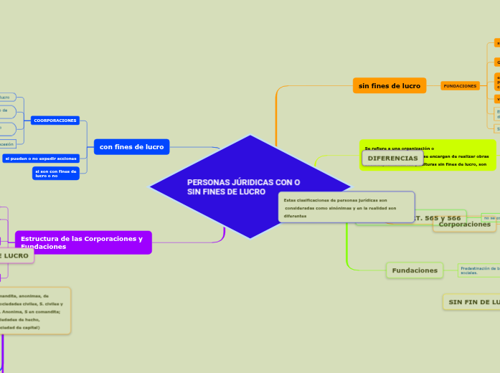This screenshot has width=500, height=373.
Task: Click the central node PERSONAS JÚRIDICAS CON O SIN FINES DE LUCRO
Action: click(244, 187)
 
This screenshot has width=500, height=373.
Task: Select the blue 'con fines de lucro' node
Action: click(131, 147)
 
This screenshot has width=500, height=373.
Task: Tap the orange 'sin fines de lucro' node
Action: click(390, 86)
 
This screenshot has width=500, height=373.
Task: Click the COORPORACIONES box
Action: click(55, 121)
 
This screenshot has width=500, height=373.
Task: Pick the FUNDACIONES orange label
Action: click(460, 86)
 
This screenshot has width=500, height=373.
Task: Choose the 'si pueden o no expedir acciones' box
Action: click(40, 158)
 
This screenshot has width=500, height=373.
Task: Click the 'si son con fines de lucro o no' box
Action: click(56, 174)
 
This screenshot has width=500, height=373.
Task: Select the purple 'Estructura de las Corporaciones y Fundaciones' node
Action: click(82, 242)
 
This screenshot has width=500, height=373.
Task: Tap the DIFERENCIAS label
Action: click(392, 158)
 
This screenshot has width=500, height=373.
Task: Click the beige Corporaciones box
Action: click(465, 225)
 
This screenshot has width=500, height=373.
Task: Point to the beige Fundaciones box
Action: click(415, 270)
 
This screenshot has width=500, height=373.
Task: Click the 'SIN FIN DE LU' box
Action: click(472, 302)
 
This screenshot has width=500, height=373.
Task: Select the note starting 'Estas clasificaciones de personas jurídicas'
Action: click(346, 207)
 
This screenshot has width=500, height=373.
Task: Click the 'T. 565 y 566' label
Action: click(438, 217)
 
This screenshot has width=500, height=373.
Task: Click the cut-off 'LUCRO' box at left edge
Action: click(14, 255)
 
